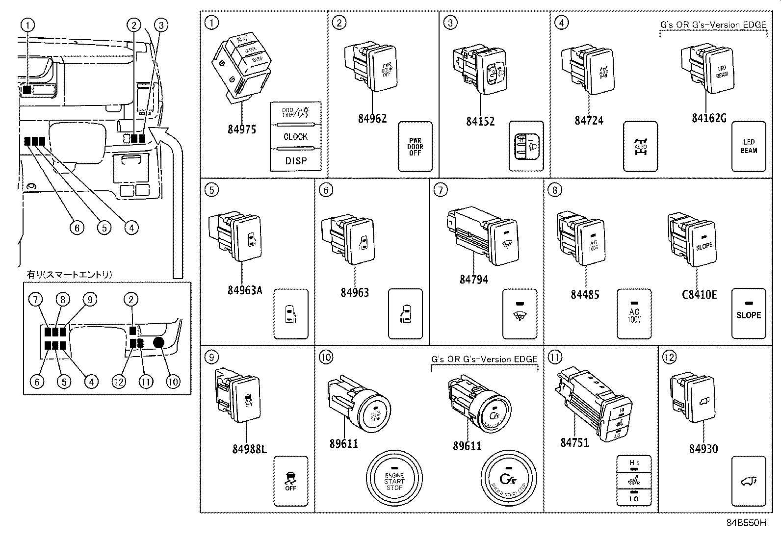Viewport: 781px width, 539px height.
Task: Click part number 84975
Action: click(241, 129)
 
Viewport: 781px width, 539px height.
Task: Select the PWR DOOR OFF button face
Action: click(415, 147)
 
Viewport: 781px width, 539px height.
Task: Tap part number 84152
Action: click(480, 121)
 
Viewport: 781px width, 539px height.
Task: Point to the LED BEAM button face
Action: click(748, 147)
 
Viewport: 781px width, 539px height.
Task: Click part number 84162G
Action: click(709, 118)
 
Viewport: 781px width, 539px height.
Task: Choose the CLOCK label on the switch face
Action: click(295, 137)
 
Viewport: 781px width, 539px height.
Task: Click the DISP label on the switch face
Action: click(295, 160)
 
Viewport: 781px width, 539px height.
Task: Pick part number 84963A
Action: click(244, 290)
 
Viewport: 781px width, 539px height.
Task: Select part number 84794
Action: click(473, 280)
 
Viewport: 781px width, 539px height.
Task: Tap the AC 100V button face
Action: click(634, 314)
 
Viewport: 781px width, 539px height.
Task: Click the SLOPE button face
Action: click(748, 314)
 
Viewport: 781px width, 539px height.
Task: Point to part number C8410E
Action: click(699, 294)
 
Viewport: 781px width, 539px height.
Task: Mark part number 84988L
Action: click(249, 449)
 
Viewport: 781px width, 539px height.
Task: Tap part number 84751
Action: click(574, 442)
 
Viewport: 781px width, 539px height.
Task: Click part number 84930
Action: click(703, 449)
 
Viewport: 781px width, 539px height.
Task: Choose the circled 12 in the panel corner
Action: click(669, 357)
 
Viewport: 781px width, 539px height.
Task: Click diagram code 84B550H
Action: click(746, 523)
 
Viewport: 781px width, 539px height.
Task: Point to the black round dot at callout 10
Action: click(159, 343)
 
